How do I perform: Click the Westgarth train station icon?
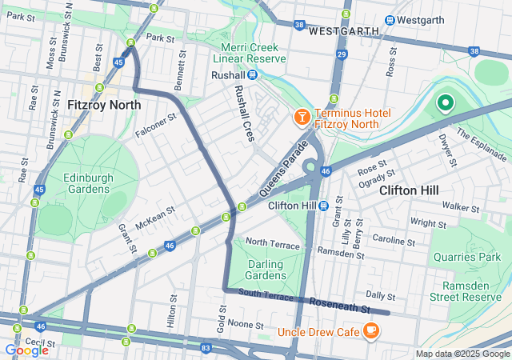(x=390, y=20)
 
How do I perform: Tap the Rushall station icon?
(x=252, y=75)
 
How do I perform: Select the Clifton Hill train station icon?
(x=324, y=206)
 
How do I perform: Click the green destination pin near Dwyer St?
(x=444, y=103)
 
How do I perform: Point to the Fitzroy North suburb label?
(x=104, y=105)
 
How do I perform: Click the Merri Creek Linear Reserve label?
(x=254, y=53)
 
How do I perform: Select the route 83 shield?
(x=206, y=348)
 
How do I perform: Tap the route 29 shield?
(x=342, y=54)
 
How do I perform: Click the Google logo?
(x=26, y=350)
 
